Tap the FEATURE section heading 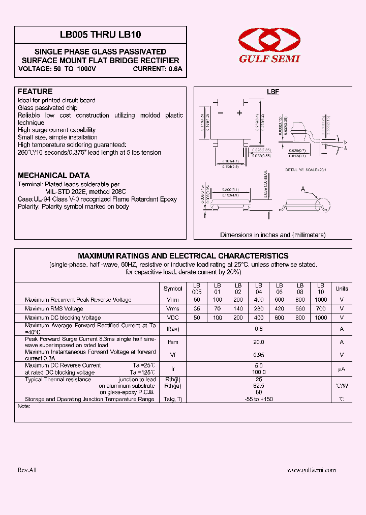35,92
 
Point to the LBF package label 273,92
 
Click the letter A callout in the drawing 303,190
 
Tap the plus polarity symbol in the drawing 239,113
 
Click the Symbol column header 173,289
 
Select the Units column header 342,289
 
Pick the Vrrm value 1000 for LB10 321,300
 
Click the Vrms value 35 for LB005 197,309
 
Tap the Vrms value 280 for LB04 259,309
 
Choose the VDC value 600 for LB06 280,318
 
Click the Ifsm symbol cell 173,342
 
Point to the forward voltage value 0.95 259,355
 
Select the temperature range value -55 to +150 259,399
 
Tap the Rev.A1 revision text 27,470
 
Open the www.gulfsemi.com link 312,470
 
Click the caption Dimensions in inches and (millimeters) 272,235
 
